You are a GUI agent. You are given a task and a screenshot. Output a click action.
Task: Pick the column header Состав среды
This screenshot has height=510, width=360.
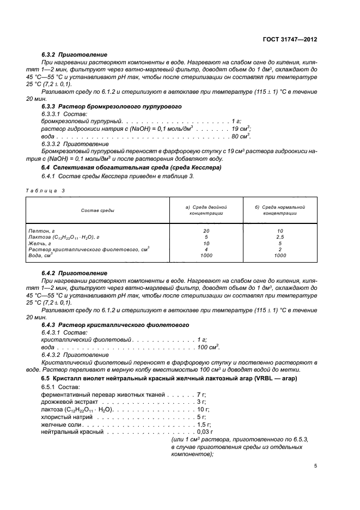point(98,210)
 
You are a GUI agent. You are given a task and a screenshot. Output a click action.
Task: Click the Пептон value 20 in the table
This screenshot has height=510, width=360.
point(206,231)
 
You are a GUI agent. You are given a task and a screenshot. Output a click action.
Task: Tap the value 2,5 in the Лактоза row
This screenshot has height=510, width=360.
point(280,237)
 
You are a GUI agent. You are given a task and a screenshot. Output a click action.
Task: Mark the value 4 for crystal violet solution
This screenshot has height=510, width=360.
point(206,249)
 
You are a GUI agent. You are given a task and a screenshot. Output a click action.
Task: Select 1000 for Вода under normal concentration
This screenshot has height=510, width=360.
point(280,255)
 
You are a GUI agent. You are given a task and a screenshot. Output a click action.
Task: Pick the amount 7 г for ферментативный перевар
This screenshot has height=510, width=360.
point(201,393)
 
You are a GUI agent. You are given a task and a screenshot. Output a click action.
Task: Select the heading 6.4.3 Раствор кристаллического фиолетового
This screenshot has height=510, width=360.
point(115,324)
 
